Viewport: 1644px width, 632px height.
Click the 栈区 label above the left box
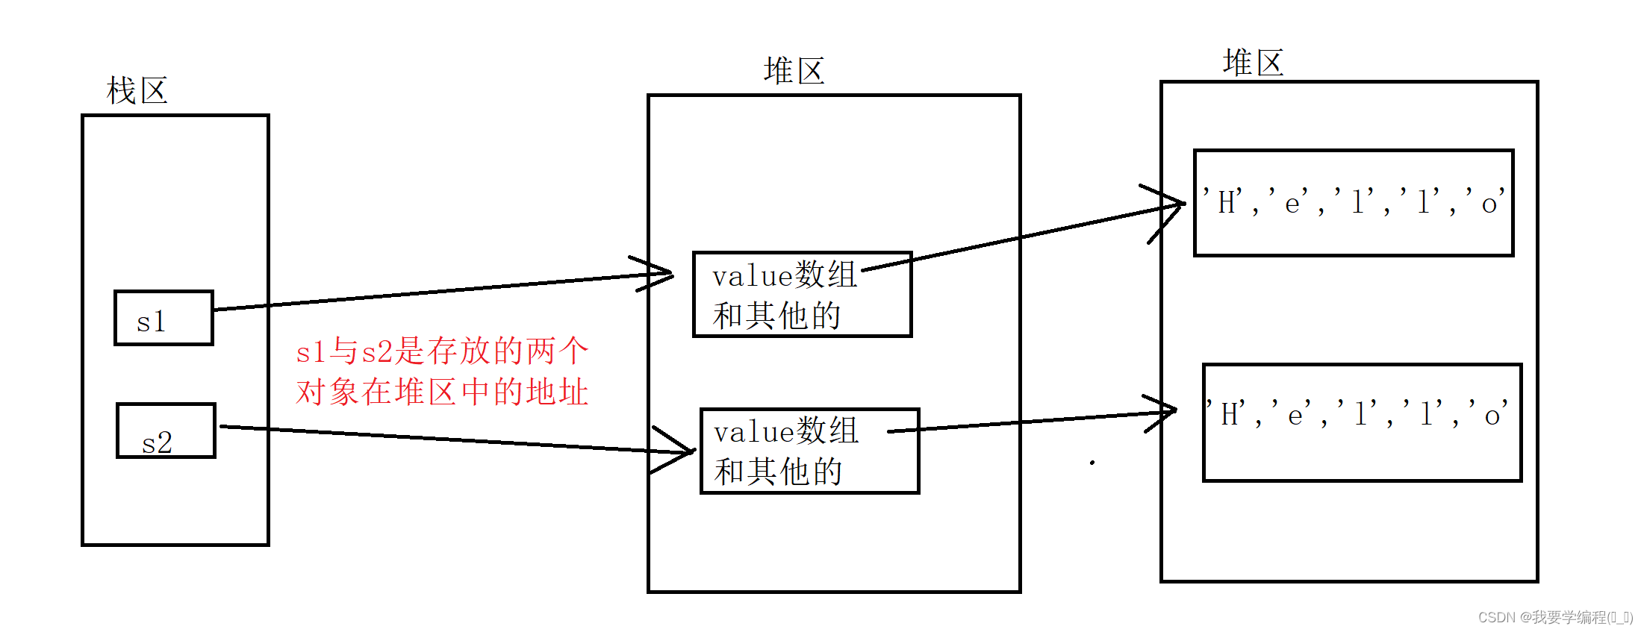click(137, 91)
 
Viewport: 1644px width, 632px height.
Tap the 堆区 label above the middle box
click(794, 72)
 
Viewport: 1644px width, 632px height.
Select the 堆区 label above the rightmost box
click(1253, 63)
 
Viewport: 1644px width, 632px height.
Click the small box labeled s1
click(164, 319)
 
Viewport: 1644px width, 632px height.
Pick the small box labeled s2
click(166, 431)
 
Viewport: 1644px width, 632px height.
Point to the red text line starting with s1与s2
click(442, 351)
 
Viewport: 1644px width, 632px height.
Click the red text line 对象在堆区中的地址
click(442, 392)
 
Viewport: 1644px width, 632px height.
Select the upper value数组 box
click(802, 295)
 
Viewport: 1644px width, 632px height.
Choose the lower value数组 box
click(809, 451)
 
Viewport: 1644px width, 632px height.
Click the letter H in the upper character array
click(1227, 203)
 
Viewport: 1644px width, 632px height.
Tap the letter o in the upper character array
click(1489, 204)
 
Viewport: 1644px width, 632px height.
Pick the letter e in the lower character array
click(1295, 416)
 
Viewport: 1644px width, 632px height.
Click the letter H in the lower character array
click(1230, 415)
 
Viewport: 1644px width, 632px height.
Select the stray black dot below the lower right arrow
click(1092, 463)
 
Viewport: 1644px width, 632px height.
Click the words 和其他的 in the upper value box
click(776, 316)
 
